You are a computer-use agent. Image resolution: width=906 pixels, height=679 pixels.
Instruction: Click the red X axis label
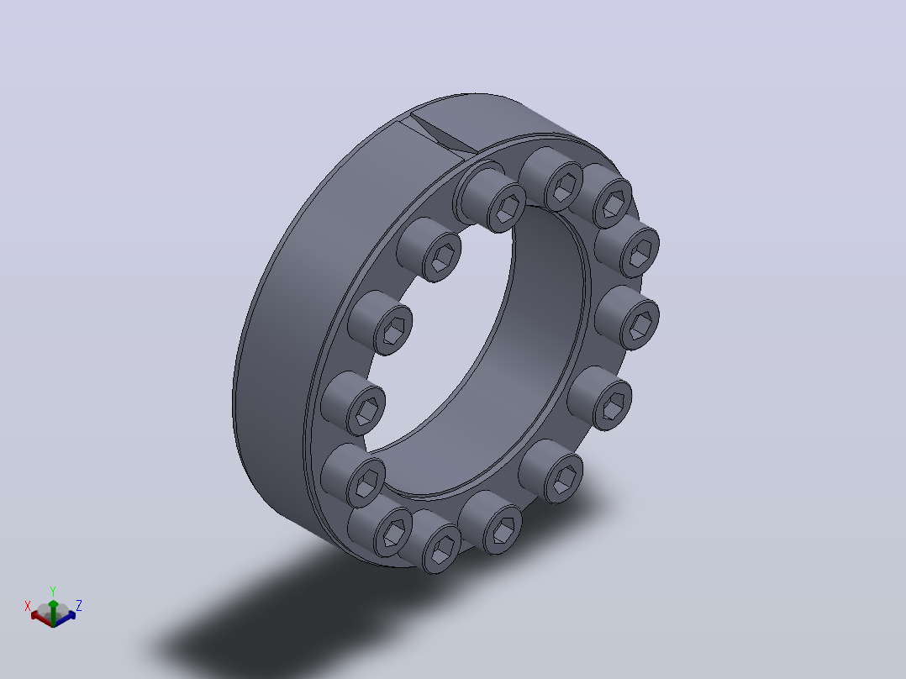coord(27,606)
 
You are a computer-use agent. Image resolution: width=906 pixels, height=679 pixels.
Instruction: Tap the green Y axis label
coord(53,591)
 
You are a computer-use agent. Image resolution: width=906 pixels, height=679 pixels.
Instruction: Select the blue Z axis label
coord(79,606)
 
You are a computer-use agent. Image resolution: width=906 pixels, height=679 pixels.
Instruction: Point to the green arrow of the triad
coord(53,612)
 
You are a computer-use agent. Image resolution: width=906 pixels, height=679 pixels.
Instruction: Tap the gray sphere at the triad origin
coord(53,611)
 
